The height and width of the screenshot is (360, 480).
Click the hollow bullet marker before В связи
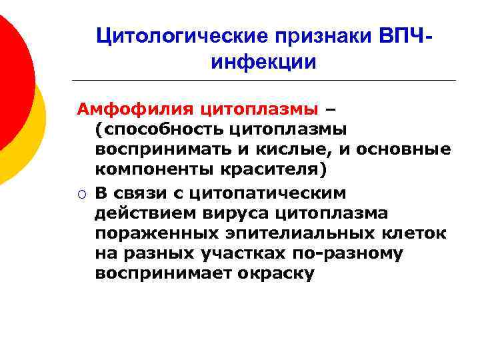coord(80,193)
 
